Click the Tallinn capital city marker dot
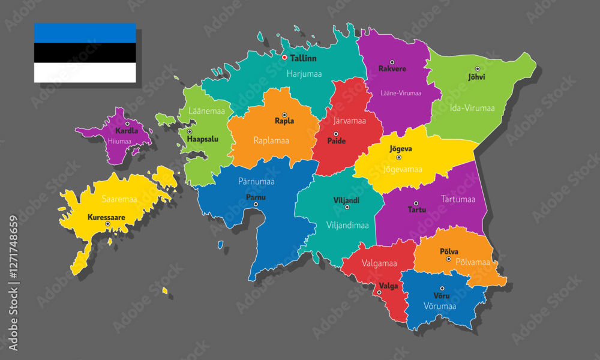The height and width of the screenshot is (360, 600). pos(284,58)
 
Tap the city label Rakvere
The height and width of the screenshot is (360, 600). pos(392,69)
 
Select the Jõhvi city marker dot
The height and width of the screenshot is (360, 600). pos(478,69)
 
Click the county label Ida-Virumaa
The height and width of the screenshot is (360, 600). pos(472,108)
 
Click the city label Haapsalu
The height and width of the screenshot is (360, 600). pos(202,139)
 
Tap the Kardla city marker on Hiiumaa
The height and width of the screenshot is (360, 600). pos(127,124)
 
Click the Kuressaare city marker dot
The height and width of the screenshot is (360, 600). pos(108,224)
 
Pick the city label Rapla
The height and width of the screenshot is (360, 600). pos(284,121)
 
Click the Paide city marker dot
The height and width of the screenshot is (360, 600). pos(335,134)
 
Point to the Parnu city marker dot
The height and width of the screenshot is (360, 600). pos(256,205)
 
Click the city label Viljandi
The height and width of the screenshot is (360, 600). pos(346,200)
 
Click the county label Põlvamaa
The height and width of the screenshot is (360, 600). pos(473,262)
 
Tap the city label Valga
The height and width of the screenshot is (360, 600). pos(388,286)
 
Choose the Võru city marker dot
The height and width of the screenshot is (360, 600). pos(442,289)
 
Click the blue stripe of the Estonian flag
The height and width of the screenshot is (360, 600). pos(85,33)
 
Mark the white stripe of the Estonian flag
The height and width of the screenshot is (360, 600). pos(85,73)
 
